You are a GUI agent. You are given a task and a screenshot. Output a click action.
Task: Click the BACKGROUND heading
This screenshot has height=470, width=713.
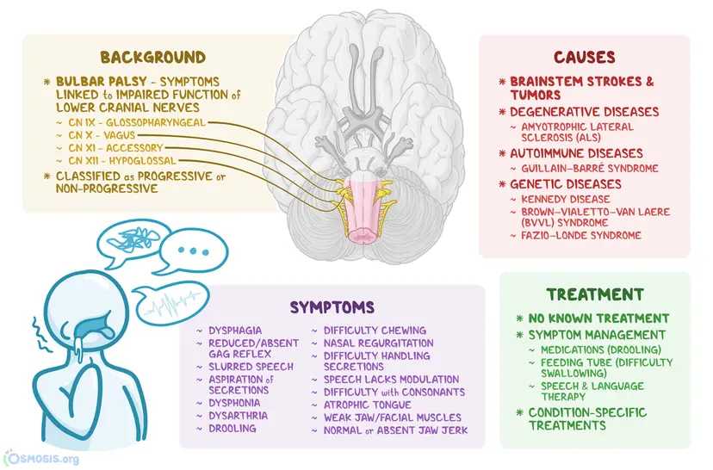(153, 58)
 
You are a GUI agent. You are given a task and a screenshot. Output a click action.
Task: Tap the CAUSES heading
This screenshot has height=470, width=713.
(584, 58)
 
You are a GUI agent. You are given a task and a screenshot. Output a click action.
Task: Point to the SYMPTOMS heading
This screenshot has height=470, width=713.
(332, 306)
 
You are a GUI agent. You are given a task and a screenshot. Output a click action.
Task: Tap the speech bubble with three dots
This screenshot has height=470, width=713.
(197, 251)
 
